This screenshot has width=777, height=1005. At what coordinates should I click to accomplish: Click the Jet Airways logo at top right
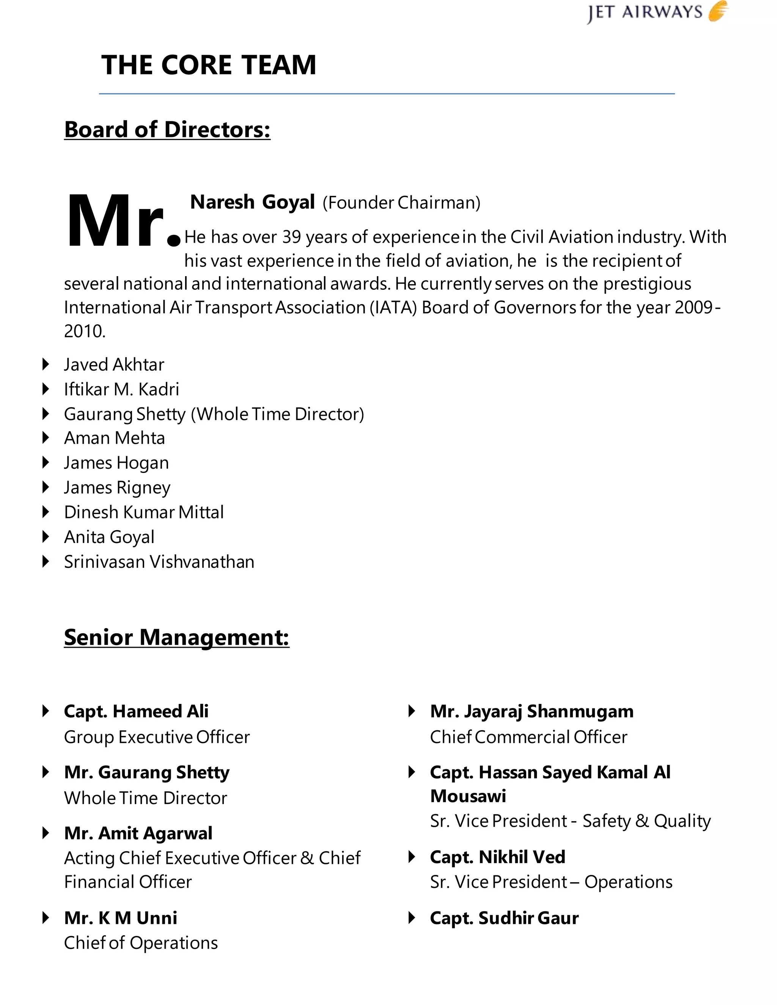(657, 13)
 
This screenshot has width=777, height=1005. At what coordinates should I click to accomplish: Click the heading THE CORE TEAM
(209, 65)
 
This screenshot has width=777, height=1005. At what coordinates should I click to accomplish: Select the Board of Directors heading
(167, 129)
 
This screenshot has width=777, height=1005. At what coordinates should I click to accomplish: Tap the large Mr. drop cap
(121, 222)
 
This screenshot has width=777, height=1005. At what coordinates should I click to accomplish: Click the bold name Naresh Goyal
(252, 202)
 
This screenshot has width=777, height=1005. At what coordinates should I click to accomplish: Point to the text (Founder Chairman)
(401, 203)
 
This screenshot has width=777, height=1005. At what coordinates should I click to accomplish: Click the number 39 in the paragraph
(291, 237)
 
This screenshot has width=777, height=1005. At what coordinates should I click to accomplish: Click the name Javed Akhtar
(114, 364)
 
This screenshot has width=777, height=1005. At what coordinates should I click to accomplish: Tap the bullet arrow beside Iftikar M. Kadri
(45, 389)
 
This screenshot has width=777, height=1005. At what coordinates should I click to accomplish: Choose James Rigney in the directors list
(117, 487)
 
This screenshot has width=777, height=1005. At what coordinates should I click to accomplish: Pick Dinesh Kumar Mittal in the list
(144, 512)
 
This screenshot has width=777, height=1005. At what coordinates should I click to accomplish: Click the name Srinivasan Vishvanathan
(159, 562)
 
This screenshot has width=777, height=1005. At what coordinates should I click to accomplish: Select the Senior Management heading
(176, 638)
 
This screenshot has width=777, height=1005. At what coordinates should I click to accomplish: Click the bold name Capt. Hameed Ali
(136, 711)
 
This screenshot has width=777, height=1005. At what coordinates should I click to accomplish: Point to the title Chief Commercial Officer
(528, 737)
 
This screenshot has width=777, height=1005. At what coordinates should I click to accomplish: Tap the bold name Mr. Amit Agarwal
(138, 833)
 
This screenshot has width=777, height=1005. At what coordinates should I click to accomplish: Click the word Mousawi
(468, 796)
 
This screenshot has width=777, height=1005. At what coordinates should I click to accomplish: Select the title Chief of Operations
(140, 943)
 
